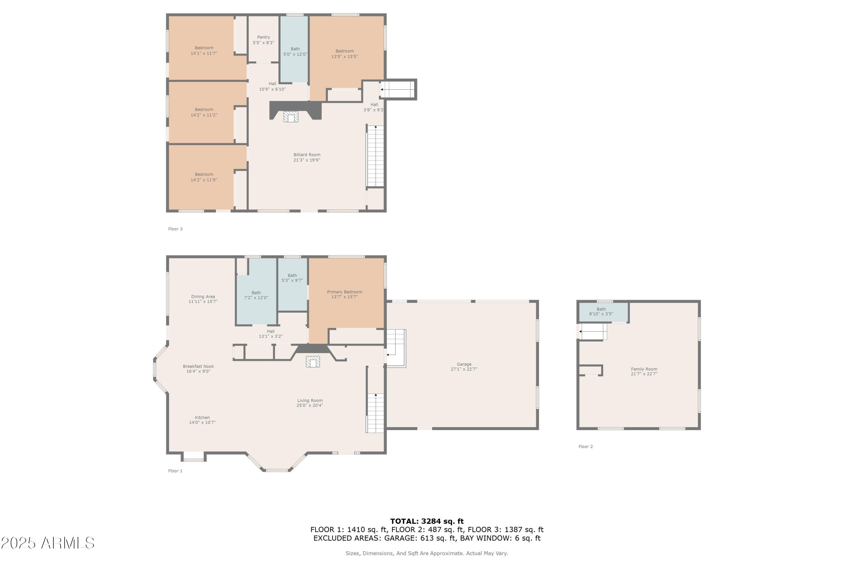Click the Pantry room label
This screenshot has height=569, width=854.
point(263,37)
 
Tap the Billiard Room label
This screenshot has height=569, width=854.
point(307,154)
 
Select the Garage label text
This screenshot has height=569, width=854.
point(464,364)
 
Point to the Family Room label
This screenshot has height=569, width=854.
point(644,369)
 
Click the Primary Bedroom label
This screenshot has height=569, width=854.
point(344,292)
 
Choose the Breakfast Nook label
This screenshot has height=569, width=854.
point(198,366)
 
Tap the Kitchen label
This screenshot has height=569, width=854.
point(202,417)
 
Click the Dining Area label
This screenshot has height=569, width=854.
point(203,296)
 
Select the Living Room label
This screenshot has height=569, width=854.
point(310,400)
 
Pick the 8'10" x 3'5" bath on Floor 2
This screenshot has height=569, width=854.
point(603,312)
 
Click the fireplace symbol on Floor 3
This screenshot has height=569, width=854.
point(291,116)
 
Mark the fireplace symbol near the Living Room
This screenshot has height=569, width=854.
point(313,362)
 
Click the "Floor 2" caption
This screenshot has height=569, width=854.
point(585,446)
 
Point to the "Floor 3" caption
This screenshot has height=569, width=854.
point(175,229)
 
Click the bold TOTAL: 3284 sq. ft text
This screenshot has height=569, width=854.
point(427,521)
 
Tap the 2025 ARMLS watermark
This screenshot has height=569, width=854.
point(48,543)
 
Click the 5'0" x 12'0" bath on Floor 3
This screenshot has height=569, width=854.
point(294,49)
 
